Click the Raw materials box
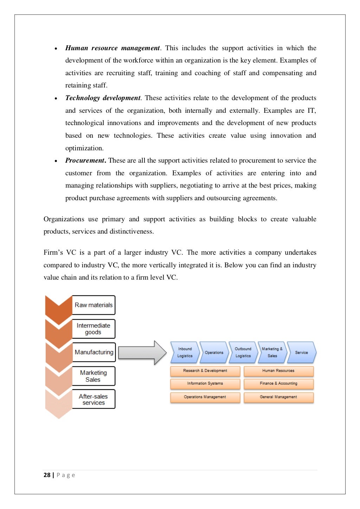tap(94, 305)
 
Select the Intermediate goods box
tap(94, 329)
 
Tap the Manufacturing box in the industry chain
tap(94, 352)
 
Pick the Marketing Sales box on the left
tap(94, 376)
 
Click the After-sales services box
tap(94, 399)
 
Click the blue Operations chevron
tap(214, 352)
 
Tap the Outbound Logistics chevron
tap(243, 352)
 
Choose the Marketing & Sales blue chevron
tap(272, 352)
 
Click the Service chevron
tap(301, 352)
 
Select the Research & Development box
tap(205, 371)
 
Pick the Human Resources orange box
tap(278, 371)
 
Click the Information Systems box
tap(205, 384)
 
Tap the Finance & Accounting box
tap(278, 384)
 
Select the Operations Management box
tap(205, 397)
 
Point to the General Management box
tap(278, 397)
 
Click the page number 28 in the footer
tap(47, 475)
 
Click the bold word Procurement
tap(85, 161)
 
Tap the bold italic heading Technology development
tap(103, 98)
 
